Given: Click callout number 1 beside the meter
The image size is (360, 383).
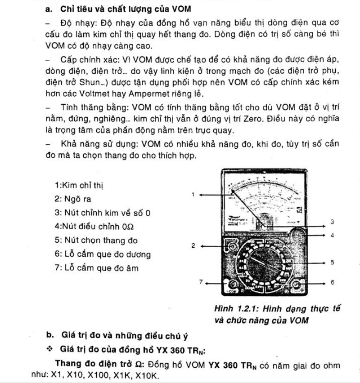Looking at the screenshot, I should pos(192,195).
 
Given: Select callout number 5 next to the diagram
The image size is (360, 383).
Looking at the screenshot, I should pos(332,262).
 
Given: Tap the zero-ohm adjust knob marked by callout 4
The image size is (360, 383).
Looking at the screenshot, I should pos(297,234).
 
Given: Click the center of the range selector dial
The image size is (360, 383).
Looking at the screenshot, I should pos(264,262).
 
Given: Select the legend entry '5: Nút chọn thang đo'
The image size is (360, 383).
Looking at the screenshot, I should pos(96,241).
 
